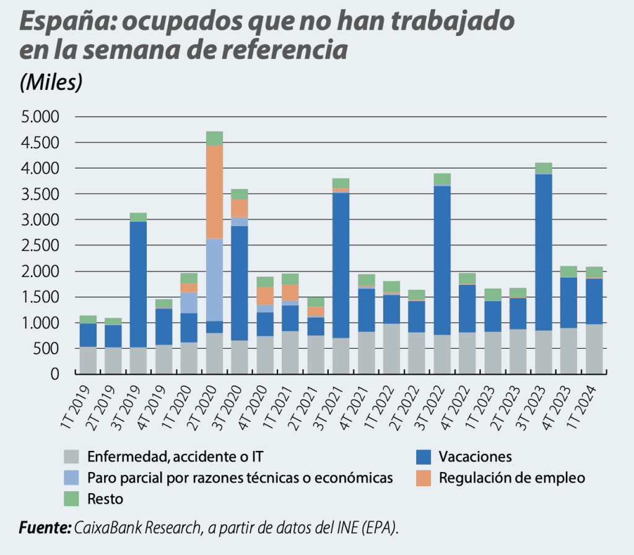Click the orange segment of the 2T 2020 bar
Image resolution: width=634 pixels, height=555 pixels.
pyautogui.click(x=214, y=192)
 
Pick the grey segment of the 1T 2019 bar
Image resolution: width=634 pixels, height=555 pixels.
pyautogui.click(x=88, y=360)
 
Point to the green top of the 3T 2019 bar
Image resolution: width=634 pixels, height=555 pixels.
pyautogui.click(x=138, y=217)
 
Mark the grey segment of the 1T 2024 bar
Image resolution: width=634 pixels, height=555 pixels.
pyautogui.click(x=594, y=349)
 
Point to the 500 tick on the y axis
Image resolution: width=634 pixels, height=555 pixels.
pyautogui.click(x=48, y=349)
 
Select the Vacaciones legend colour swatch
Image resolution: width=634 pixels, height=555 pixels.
pyautogui.click(x=423, y=457)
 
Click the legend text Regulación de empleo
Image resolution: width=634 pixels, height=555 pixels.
pyautogui.click(x=511, y=478)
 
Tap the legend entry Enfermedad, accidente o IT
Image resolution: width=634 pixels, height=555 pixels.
pyautogui.click(x=175, y=457)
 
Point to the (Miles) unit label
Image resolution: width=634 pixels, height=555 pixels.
pyautogui.click(x=51, y=82)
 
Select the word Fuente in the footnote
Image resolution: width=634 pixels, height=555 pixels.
pyautogui.click(x=45, y=528)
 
